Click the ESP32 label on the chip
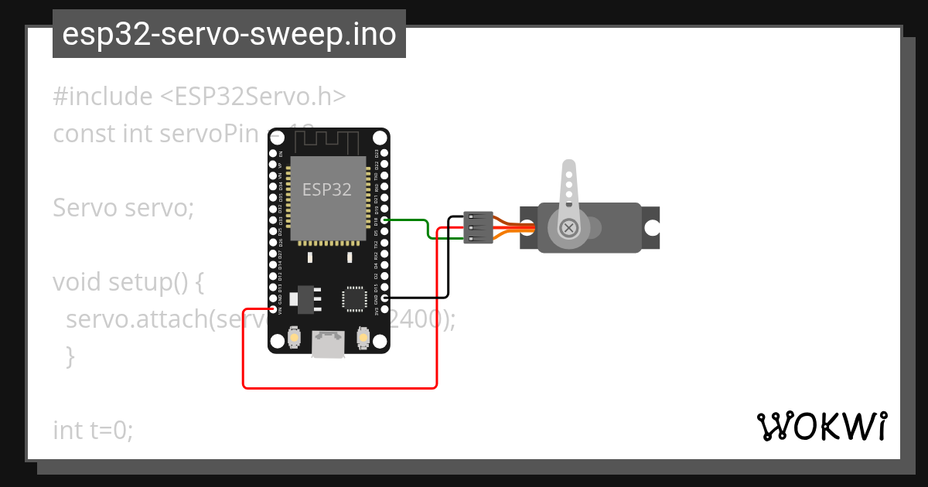326,189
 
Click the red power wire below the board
340,387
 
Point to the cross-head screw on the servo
569,228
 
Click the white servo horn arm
568,186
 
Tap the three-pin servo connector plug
478,227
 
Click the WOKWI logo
821,426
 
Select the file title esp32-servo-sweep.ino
229,34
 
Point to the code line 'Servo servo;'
123,208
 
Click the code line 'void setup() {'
128,282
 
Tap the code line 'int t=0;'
93,430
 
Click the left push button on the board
293,338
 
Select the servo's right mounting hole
652,228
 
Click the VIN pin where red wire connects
273,309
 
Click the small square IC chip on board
353,298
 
